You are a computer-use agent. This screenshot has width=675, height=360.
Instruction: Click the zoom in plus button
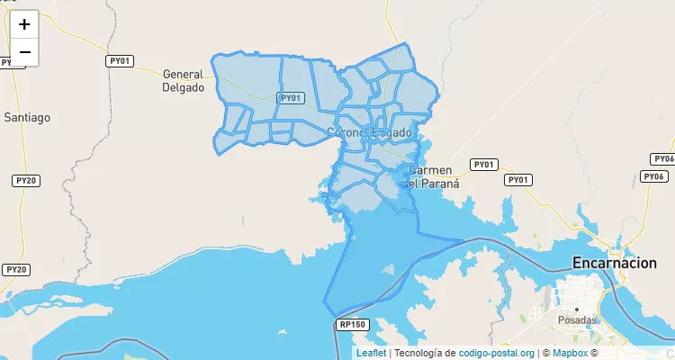24,24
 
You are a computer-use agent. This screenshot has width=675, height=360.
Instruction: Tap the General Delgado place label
184,81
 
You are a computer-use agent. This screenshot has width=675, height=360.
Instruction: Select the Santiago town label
27,117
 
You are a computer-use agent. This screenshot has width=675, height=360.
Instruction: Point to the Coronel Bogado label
369,132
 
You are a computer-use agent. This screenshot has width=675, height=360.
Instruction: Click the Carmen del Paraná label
433,176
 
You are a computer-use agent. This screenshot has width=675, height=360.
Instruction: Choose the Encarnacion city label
615,263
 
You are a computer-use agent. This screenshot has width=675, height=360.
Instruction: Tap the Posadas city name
577,319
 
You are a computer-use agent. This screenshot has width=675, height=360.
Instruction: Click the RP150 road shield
351,324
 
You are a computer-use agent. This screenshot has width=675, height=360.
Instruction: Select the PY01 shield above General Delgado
120,61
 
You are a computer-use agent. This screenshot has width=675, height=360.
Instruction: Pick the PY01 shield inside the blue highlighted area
291,97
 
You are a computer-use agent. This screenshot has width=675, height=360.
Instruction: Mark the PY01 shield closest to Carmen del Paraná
484,165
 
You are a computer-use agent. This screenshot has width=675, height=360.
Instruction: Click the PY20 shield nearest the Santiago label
25,181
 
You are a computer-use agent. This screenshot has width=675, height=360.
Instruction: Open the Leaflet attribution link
371,353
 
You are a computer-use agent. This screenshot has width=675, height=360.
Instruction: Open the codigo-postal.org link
496,353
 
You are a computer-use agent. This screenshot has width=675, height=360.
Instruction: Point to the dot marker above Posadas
577,309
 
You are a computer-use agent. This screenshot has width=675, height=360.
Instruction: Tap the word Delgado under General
184,88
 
